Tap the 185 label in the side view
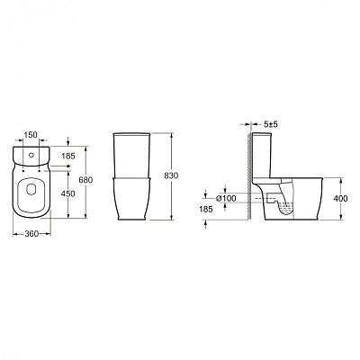coord(207,208)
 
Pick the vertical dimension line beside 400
coord(329,199)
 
